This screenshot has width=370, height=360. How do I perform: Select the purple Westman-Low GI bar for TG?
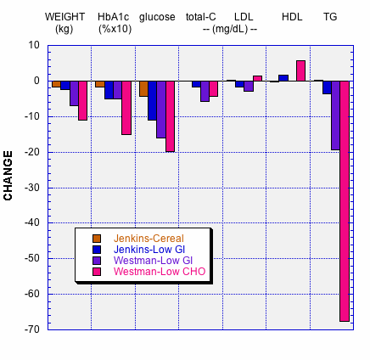click(x=335, y=115)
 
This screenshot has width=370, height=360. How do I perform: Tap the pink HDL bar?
click(x=300, y=70)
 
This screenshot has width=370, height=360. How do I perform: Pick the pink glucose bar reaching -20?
click(x=170, y=116)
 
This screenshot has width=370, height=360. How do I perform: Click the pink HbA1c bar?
click(x=126, y=108)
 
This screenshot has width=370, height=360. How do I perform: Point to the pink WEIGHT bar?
click(x=82, y=100)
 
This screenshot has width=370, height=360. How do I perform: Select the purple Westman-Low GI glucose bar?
click(x=161, y=110)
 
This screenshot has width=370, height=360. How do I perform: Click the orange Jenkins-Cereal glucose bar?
click(x=143, y=88)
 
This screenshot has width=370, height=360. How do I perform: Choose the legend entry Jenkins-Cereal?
click(x=149, y=237)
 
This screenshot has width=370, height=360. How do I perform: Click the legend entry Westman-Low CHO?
click(x=159, y=272)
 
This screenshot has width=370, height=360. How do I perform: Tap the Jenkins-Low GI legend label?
click(x=149, y=249)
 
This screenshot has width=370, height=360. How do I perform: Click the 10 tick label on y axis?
click(x=34, y=45)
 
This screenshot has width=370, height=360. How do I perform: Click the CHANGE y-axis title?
click(x=9, y=176)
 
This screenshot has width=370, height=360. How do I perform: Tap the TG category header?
click(x=329, y=16)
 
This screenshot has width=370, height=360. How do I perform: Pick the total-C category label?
click(x=201, y=16)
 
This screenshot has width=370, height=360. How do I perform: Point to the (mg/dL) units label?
click(x=230, y=29)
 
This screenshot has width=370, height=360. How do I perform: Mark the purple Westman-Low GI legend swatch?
click(x=97, y=261)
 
